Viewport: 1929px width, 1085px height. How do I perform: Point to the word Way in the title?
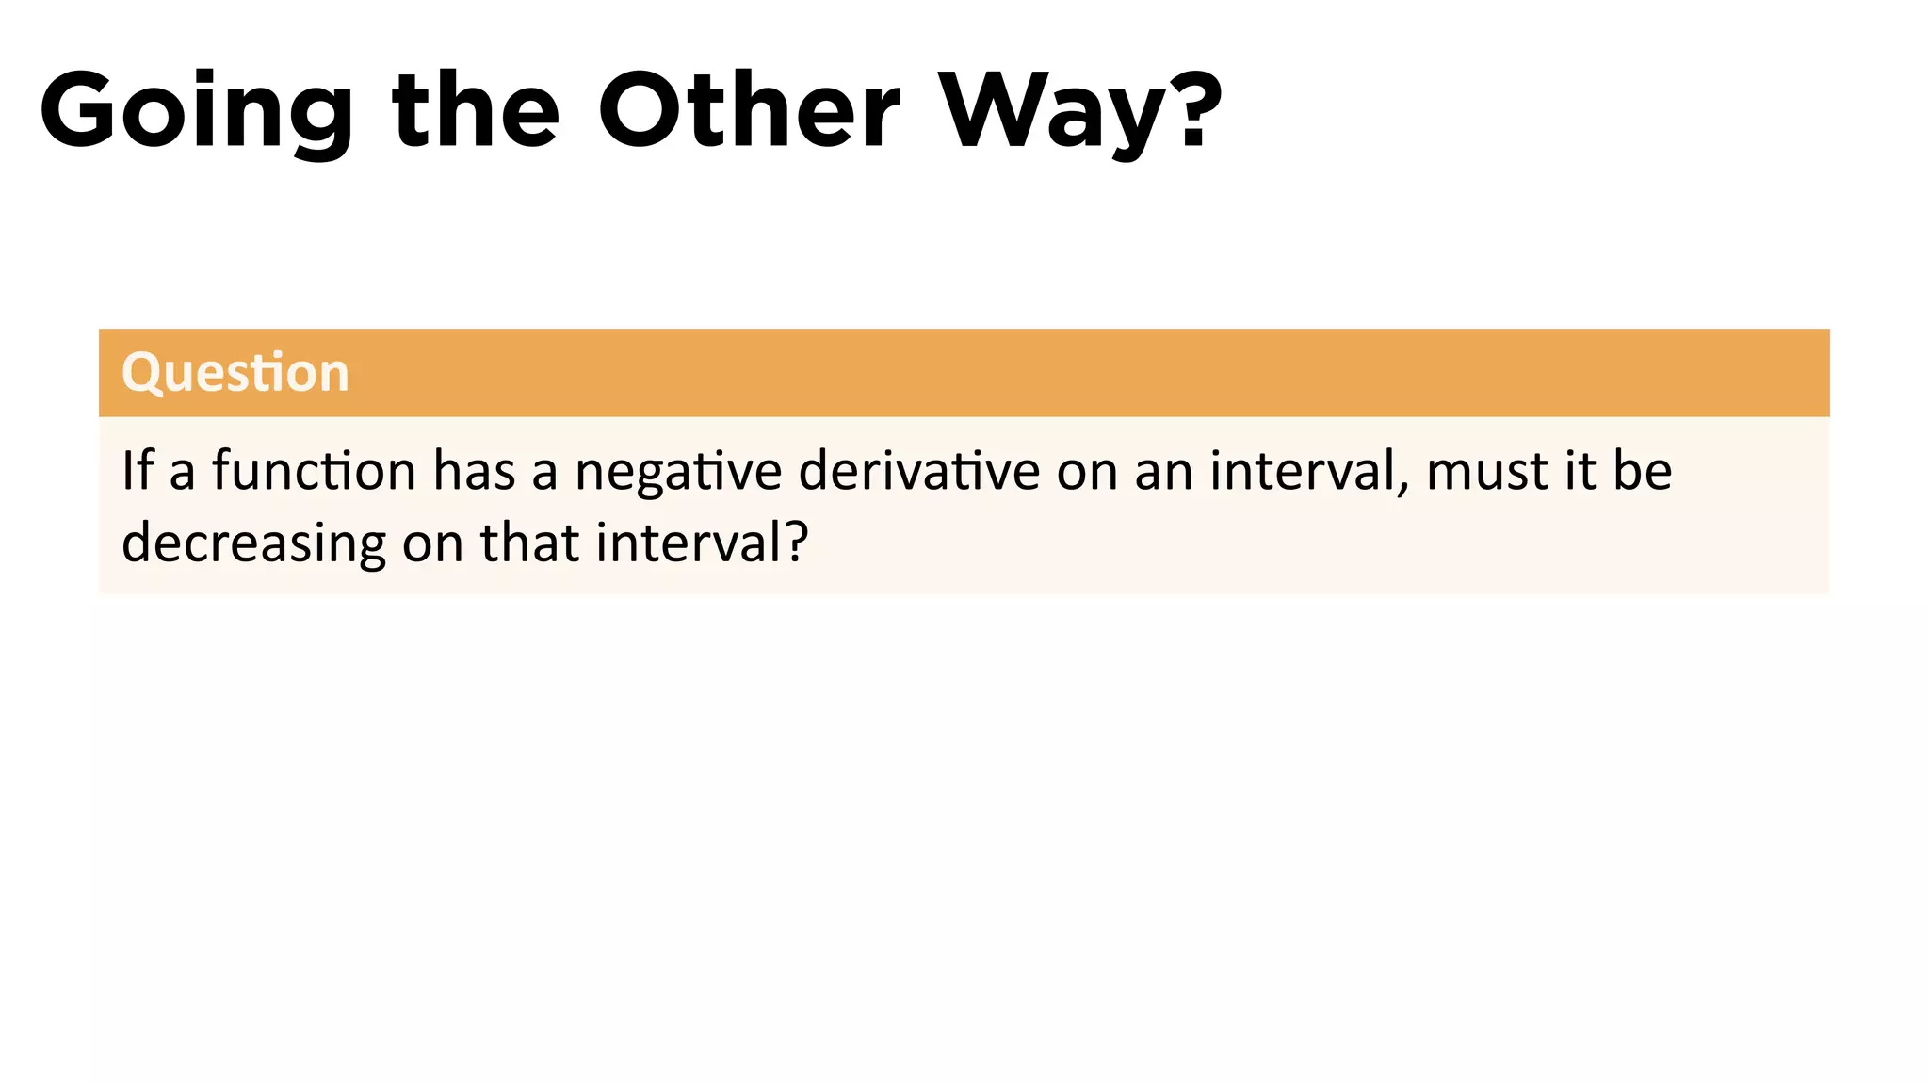coord(1050,111)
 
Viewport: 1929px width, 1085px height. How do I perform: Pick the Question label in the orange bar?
coord(235,373)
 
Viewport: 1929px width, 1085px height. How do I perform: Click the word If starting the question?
coord(137,470)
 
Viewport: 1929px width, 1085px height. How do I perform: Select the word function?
coord(314,470)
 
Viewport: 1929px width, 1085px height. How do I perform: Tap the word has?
coord(474,470)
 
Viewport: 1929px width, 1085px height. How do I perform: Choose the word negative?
coord(678,472)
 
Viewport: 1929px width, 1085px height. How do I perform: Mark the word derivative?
coord(918,470)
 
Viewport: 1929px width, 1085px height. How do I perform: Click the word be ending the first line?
coord(1643,470)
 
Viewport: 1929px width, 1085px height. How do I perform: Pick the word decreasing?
coord(253,544)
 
